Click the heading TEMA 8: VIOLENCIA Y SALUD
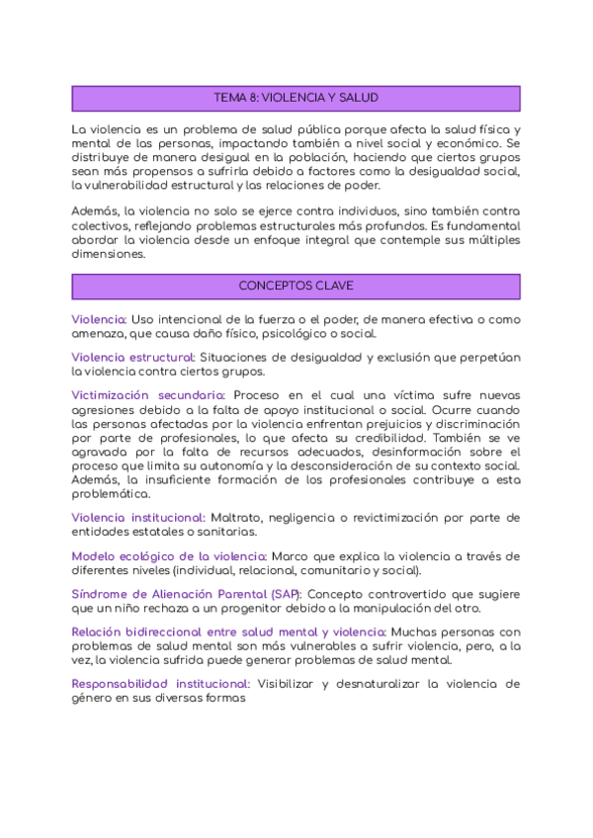tap(296, 98)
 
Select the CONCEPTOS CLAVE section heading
tap(296, 286)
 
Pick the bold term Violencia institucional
tap(139, 518)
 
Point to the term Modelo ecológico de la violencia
tap(169, 556)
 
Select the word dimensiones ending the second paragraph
tap(109, 253)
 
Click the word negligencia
tap(302, 518)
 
